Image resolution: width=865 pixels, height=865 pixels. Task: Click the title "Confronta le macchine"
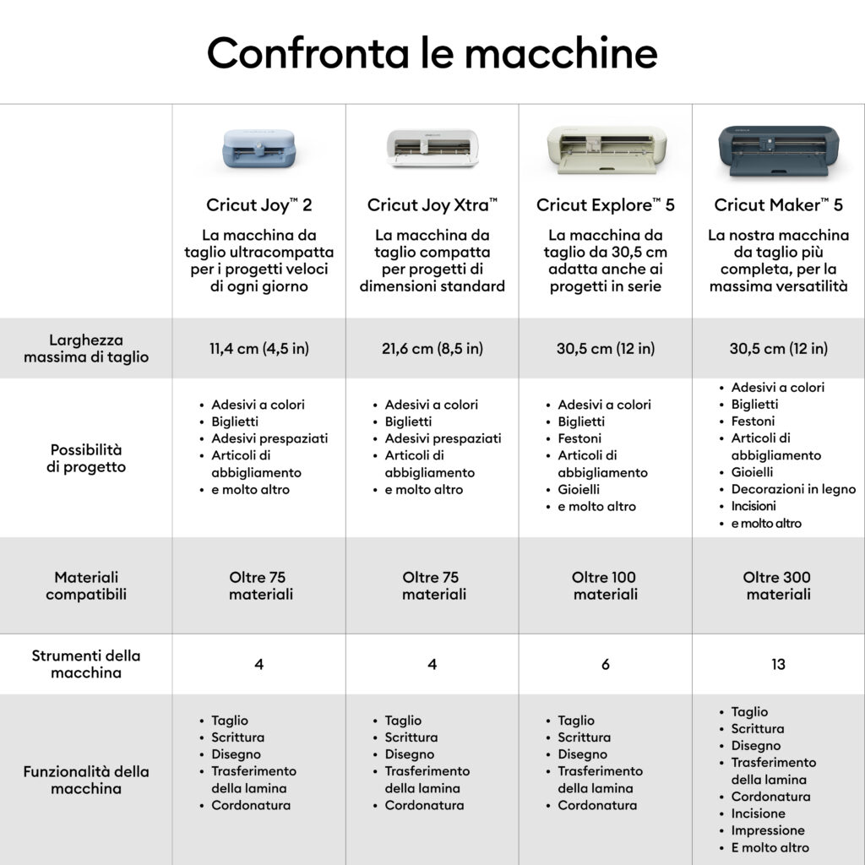432,53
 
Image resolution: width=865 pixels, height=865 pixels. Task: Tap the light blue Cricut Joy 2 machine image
258,148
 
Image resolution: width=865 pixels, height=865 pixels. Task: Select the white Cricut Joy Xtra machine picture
432,148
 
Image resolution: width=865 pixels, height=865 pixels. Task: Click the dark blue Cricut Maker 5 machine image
778,151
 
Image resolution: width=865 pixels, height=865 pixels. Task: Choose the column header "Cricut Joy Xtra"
432,205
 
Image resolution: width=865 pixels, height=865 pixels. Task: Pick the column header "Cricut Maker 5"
778,205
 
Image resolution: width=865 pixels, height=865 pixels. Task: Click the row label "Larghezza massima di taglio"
86,348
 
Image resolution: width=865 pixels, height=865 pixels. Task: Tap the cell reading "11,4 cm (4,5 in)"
258,349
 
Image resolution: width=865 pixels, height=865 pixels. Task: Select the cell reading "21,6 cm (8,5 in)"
432,349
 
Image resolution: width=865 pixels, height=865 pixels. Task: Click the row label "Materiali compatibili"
86,585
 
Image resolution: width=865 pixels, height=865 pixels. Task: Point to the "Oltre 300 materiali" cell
778,585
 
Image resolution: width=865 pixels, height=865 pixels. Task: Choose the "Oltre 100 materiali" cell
605,585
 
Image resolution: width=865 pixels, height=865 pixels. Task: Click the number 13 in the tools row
778,664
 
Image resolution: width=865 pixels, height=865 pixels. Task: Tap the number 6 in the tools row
605,664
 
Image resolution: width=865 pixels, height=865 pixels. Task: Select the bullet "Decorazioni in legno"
793,489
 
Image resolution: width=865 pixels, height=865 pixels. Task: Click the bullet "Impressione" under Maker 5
767,830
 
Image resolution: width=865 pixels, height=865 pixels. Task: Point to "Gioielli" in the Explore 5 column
579,489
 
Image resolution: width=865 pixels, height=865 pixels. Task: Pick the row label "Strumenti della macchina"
86,664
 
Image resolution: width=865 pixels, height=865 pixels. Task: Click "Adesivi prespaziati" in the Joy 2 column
269,438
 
